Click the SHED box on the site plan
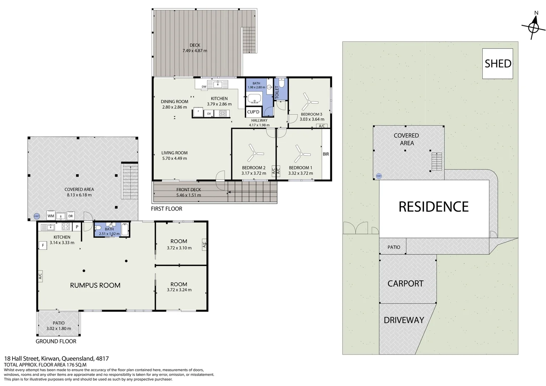tap(497, 63)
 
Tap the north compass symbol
tap(533, 27)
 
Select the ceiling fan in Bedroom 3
tap(308, 102)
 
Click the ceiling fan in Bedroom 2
tap(255, 153)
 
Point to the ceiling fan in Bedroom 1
tap(302, 154)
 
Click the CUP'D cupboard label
tap(253, 112)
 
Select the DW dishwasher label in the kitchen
tap(204, 87)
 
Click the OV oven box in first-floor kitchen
tap(209, 113)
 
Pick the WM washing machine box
tap(51, 216)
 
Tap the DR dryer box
tap(70, 216)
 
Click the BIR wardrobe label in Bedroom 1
tap(326, 154)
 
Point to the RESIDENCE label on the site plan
tap(434, 207)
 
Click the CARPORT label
tap(406, 283)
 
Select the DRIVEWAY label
tap(404, 320)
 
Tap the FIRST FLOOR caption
tap(167, 209)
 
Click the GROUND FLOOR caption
tap(56, 341)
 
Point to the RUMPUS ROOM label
tap(95, 285)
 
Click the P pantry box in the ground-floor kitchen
tap(77, 227)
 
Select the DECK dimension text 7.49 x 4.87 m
tap(195, 51)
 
